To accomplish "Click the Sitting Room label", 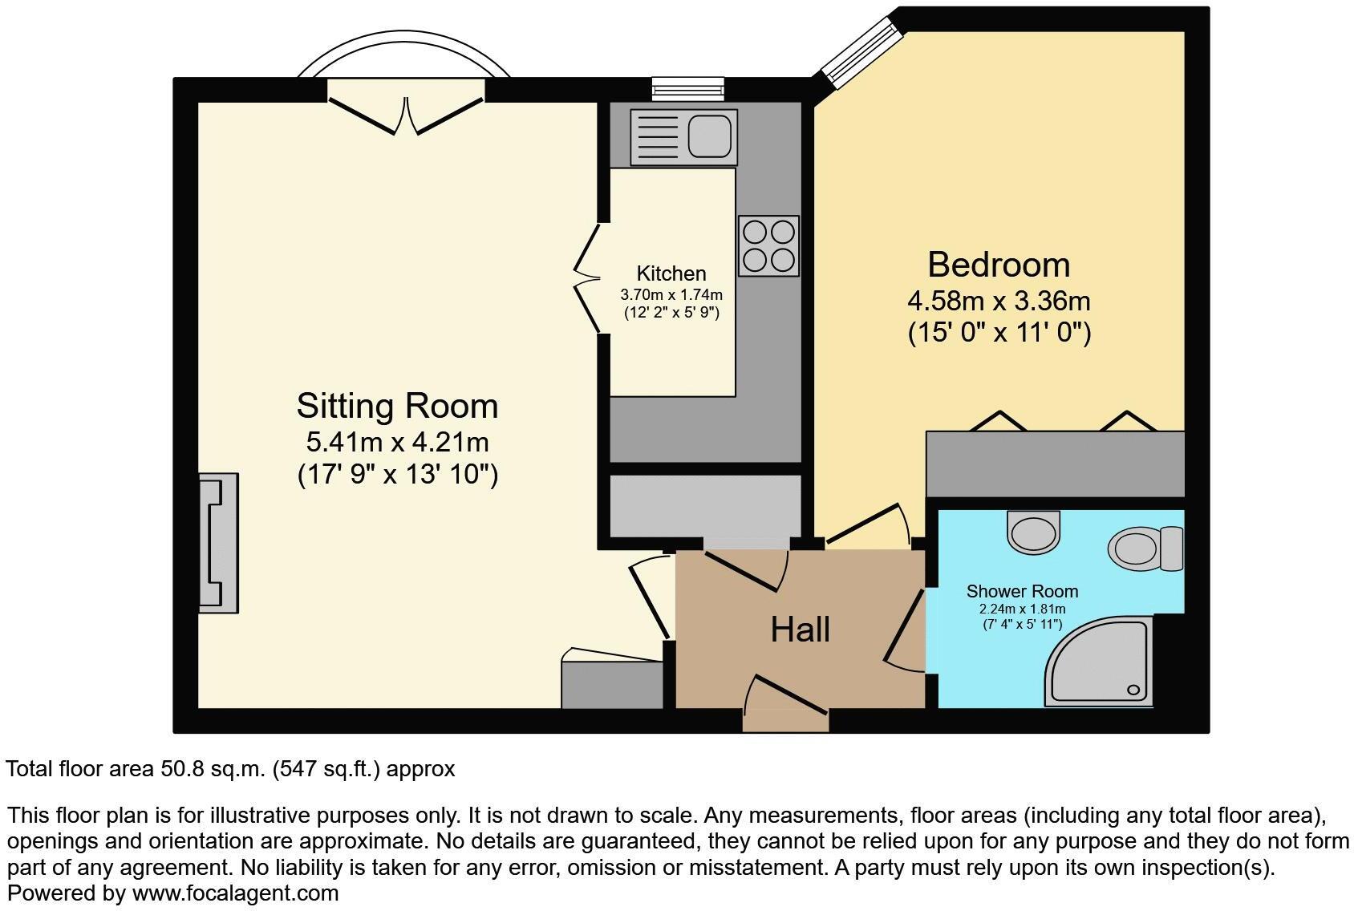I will click(397, 406).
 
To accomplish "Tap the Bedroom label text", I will click(999, 265).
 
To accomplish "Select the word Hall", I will click(800, 630).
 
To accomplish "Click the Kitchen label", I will click(671, 273).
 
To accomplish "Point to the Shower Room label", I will click(1022, 592).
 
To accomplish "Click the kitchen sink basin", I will click(711, 136).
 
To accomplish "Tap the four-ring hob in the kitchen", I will click(769, 245).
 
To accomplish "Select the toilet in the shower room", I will click(1145, 549).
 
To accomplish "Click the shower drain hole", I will click(1134, 689).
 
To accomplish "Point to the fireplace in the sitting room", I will click(218, 543).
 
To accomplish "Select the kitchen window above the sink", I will click(688, 88).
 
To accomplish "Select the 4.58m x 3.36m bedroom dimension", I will click(999, 302).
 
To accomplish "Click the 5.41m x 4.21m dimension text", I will click(397, 442).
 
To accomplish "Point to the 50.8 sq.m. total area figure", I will click(213, 769).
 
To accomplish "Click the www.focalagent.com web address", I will click(235, 893).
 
